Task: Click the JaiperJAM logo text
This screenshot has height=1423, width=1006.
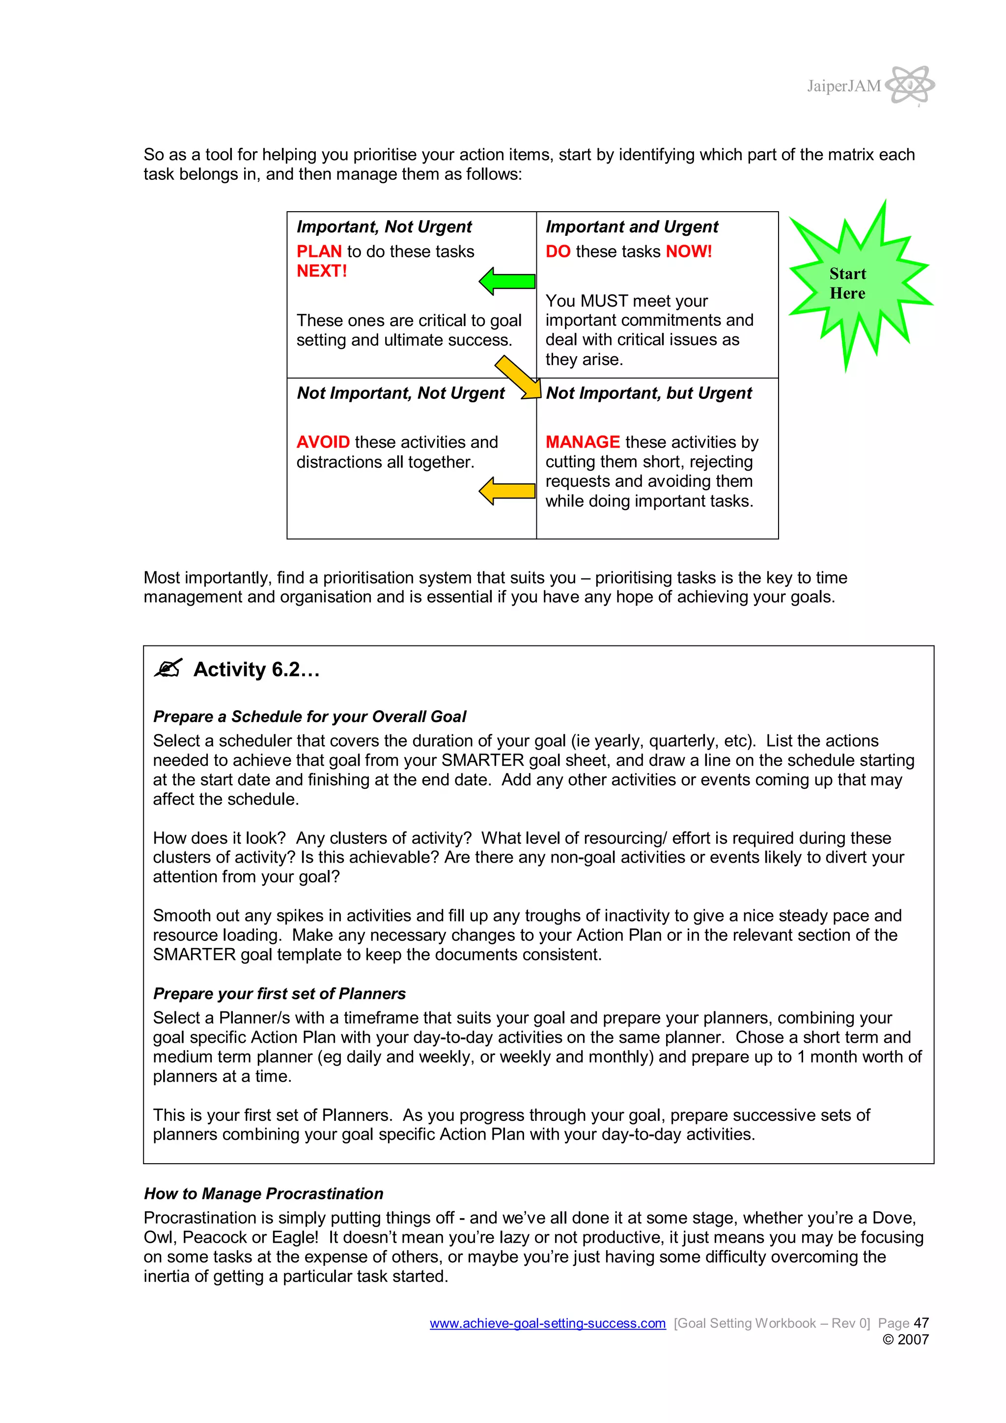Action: [843, 86]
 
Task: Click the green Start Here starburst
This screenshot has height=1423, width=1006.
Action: [859, 284]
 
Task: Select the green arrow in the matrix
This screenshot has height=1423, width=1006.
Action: [507, 281]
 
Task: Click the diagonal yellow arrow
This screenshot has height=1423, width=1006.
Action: [518, 377]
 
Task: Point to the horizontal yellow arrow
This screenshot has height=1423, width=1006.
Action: [507, 491]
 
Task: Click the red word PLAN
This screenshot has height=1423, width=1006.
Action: [319, 251]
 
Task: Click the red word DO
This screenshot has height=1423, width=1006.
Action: [558, 251]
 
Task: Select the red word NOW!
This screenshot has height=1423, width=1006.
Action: [688, 251]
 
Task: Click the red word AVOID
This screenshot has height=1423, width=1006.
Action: [323, 442]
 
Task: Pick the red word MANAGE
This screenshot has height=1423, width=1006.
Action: [582, 442]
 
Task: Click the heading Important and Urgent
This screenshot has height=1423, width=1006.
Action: [631, 227]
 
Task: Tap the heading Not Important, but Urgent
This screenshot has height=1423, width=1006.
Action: [648, 393]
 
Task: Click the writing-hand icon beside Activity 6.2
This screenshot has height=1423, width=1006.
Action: [168, 668]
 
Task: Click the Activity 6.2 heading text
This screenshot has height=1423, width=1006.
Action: [256, 670]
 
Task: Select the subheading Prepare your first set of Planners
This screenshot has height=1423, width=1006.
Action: [279, 994]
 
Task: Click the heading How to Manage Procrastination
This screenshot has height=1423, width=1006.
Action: [263, 1194]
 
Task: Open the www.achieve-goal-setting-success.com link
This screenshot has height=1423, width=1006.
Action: [547, 1323]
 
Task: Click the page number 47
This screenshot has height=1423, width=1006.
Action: [921, 1323]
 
